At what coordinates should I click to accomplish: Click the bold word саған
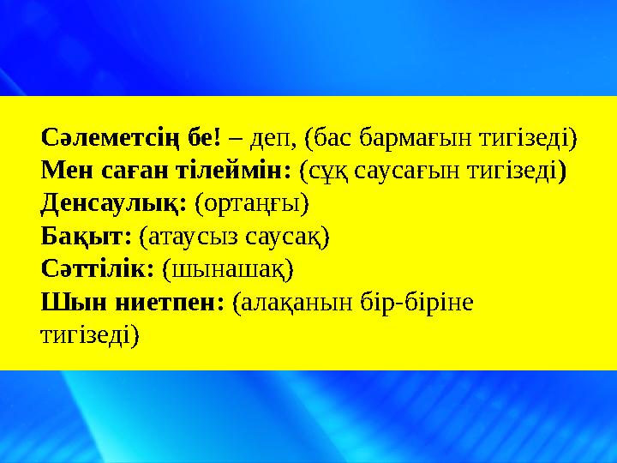128,170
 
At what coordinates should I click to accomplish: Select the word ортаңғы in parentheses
253,203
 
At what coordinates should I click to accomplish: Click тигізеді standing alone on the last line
89,334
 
